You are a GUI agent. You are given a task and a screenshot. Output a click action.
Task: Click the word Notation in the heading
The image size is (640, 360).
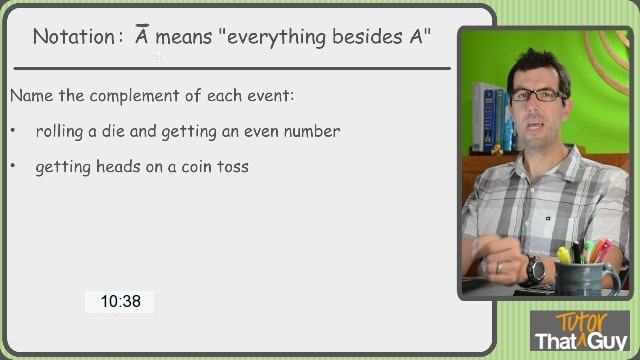[74, 37]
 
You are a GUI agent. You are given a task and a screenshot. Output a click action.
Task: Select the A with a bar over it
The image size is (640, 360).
[142, 34]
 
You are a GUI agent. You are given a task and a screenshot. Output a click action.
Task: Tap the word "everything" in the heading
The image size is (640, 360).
[276, 38]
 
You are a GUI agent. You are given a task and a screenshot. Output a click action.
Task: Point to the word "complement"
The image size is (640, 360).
[134, 96]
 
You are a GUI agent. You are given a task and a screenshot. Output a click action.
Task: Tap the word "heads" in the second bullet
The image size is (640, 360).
[118, 166]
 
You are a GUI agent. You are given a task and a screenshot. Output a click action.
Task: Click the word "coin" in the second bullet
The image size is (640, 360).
[197, 167]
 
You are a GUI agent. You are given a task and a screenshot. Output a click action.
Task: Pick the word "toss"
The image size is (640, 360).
[233, 167]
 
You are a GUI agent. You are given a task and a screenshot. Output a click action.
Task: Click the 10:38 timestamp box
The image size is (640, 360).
[119, 302]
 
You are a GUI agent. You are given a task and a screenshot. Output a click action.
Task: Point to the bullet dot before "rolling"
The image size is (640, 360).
[13, 131]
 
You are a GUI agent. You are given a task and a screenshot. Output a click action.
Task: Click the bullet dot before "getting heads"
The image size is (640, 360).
[13, 166]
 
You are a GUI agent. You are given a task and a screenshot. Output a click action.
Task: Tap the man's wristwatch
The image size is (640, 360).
[535, 270]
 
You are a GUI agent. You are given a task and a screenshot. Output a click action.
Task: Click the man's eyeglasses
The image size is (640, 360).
[536, 95]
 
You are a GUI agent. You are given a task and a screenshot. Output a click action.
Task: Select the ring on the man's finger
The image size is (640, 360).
[499, 268]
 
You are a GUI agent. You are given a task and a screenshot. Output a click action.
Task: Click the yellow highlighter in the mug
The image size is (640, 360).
[564, 255]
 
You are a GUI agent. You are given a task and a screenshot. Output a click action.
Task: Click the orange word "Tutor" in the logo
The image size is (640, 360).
[582, 322]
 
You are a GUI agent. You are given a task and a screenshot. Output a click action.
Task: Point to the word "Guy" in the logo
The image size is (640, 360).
[607, 342]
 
